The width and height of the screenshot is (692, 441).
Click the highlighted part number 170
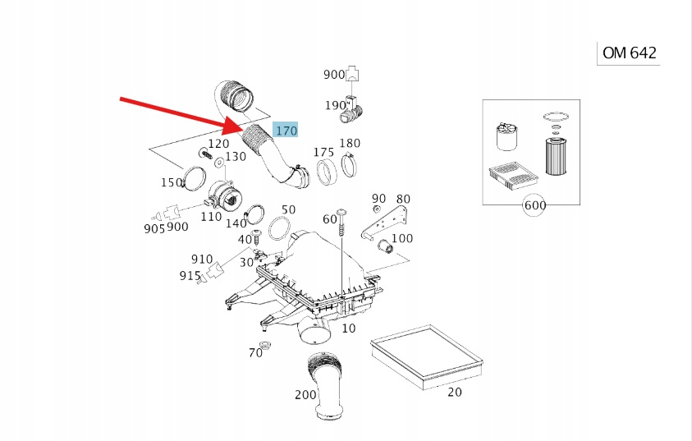coord(286,131)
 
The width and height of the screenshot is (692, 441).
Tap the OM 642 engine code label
coord(629,53)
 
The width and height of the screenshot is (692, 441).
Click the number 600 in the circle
coord(534,205)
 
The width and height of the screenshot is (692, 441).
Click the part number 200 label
coord(305,395)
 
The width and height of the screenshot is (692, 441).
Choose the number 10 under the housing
coord(348,328)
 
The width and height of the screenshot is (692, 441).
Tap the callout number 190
coord(335,105)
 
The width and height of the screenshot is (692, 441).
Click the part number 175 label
coord(323,153)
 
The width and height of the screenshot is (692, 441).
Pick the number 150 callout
coord(172,182)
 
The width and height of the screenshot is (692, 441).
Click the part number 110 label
coord(211,217)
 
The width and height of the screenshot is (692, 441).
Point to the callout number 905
coord(154,228)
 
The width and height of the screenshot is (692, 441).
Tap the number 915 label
coord(190,276)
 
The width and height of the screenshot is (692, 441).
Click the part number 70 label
coord(255,352)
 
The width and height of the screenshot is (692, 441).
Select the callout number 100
coord(402,239)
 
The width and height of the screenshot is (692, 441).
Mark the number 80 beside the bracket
coord(403,199)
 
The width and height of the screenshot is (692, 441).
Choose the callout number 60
coord(329,219)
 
